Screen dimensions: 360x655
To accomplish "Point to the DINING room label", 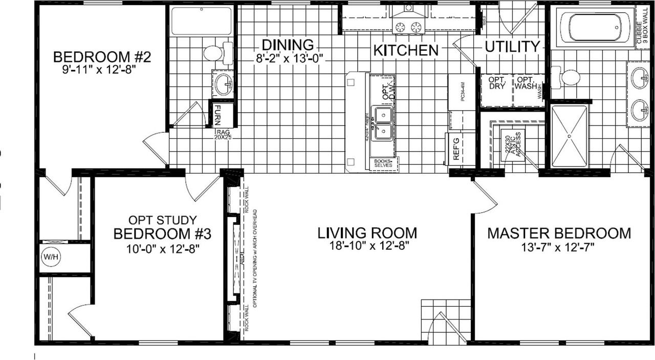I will pos(288,45).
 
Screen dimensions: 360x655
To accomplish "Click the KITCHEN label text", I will pos(406,50).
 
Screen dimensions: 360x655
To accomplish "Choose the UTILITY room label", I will pos(512,47).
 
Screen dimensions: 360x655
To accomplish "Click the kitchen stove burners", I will pos(408,26).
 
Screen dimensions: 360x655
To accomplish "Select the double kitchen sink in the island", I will pos(382,123).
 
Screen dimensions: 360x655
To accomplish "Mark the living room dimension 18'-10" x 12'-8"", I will pos(367,245).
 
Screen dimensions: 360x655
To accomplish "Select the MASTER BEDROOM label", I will pos(559,234).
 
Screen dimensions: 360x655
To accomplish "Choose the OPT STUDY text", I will pos(162,220).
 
